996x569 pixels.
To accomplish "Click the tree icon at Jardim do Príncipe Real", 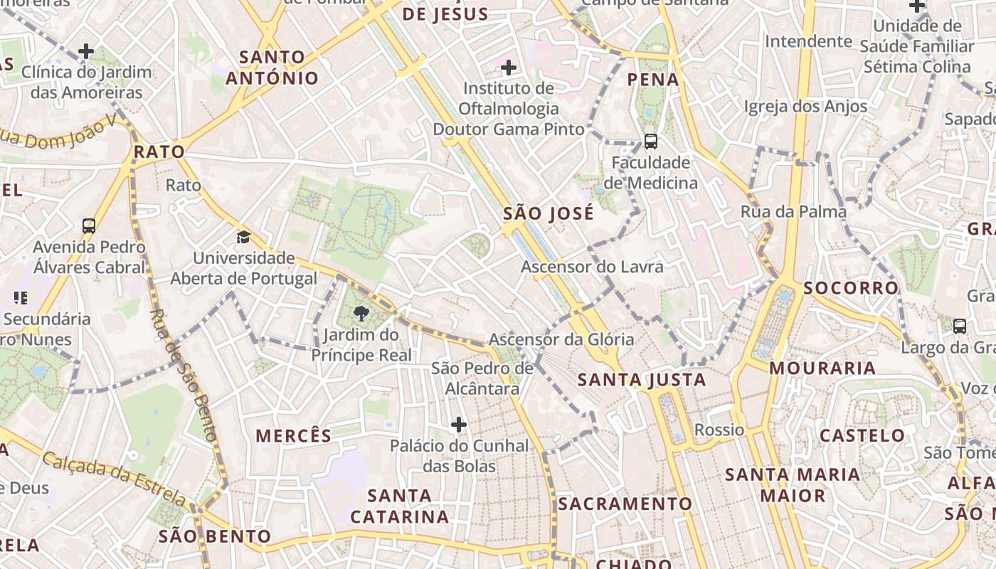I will pos(361,313).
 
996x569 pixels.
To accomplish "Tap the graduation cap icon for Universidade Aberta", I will pos(244,237).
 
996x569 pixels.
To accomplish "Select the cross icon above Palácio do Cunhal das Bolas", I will pos(459,425).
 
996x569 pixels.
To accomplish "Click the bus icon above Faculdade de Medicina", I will pos(650,141).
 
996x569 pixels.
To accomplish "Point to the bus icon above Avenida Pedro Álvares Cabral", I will pos(89,226).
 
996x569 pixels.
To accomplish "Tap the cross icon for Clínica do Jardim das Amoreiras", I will pos(86,51).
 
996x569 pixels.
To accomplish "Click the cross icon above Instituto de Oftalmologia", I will pos(508,68).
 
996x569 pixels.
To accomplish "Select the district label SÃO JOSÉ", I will pos(548,213).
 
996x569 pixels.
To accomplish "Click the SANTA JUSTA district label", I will pos(641,380).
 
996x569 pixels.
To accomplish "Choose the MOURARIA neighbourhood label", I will pos(822,368).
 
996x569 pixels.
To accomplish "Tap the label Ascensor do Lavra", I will pos(592,267).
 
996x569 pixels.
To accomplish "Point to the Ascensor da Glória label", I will pos(561,339).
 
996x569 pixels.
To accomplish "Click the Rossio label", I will pos(719,430).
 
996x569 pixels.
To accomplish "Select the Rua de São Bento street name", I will pos(184,375).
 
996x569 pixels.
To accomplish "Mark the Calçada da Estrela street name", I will pos(115,478).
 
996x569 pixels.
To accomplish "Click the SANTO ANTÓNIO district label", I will pos(272,68).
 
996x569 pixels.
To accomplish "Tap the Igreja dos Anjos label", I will pos(805,107).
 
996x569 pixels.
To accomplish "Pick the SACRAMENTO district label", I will pos(625,504).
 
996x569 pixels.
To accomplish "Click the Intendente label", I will pos(808,41).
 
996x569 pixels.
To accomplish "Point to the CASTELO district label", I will pos(862,435).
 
